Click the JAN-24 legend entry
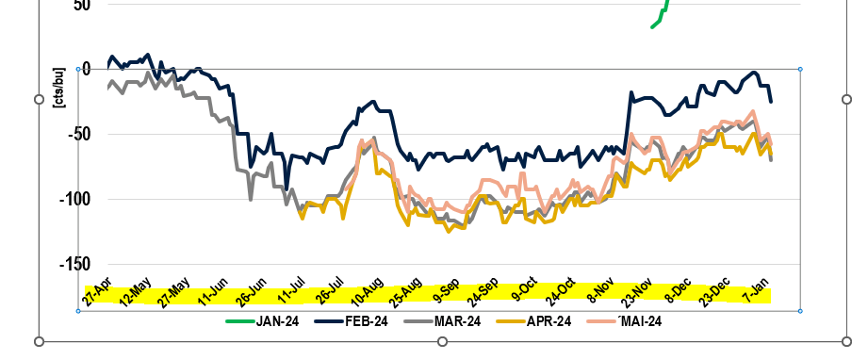tap(262, 321)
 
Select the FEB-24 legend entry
tap(351, 321)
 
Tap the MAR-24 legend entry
tap(442, 321)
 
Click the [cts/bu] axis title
tap(59, 88)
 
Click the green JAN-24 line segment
tap(661, 13)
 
